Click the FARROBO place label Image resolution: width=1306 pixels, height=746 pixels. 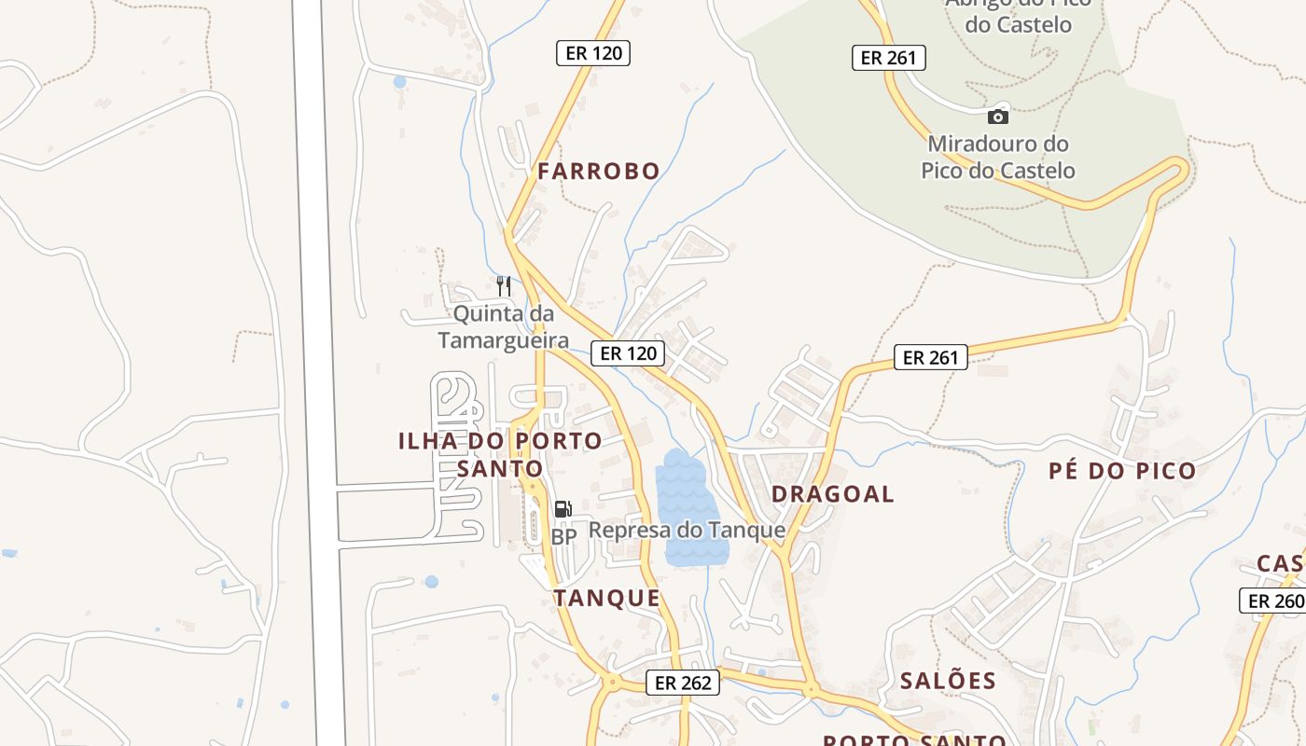pyautogui.click(x=598, y=172)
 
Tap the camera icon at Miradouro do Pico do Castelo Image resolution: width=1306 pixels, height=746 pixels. pyautogui.click(x=998, y=117)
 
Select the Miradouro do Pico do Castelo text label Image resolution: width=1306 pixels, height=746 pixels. pyautogui.click(x=998, y=158)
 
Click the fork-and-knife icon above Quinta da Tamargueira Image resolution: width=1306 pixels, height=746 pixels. pyautogui.click(x=504, y=284)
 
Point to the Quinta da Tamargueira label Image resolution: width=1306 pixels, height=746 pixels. pyautogui.click(x=503, y=326)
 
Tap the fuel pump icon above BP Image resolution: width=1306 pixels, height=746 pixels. pyautogui.click(x=563, y=509)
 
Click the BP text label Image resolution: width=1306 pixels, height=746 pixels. pyautogui.click(x=563, y=537)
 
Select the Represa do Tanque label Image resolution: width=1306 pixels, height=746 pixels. pyautogui.click(x=687, y=531)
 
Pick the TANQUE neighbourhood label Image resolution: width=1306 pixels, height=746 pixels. pyautogui.click(x=607, y=599)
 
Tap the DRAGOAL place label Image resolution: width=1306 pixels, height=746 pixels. pyautogui.click(x=833, y=494)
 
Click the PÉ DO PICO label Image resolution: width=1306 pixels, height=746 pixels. pyautogui.click(x=1122, y=471)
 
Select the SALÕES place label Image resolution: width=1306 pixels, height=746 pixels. pyautogui.click(x=948, y=682)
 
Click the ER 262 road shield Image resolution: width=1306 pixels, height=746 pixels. pyautogui.click(x=684, y=683)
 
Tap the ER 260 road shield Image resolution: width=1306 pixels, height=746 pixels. pyautogui.click(x=1274, y=601)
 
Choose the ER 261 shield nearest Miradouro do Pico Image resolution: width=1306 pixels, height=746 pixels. pyautogui.click(x=888, y=58)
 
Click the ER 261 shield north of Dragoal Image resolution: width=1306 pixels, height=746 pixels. pyautogui.click(x=931, y=357)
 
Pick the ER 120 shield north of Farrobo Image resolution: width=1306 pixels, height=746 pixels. pyautogui.click(x=593, y=53)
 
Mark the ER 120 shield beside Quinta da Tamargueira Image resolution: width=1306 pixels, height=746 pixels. pyautogui.click(x=628, y=353)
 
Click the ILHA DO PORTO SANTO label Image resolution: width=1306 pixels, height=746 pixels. pyautogui.click(x=500, y=454)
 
